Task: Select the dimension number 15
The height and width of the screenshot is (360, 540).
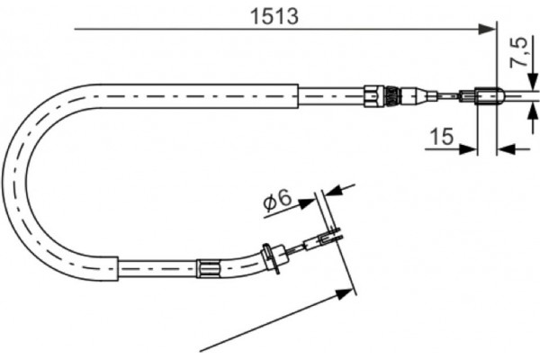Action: [441, 136]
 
